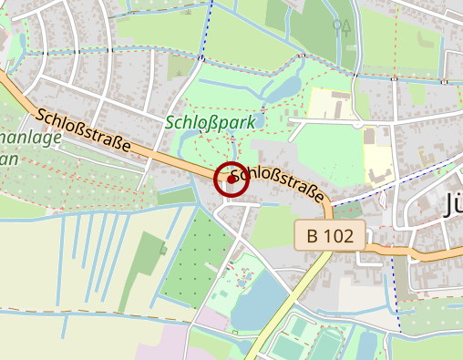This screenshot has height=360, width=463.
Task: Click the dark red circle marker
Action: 231,180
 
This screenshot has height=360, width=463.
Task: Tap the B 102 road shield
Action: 330,235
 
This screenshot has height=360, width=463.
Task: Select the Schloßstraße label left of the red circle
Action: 83,131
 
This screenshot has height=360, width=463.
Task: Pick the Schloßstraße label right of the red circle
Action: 277,185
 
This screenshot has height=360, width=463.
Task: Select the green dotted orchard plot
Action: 205,246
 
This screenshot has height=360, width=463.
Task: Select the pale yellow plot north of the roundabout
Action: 329,103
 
